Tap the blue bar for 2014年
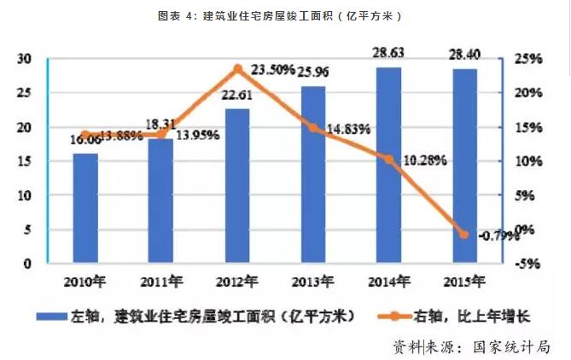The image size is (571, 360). coord(388,166)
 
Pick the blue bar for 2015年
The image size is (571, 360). coord(464,167)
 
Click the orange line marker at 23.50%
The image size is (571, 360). coord(237,69)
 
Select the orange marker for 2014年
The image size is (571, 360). coord(388,160)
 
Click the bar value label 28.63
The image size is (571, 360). coord(388,53)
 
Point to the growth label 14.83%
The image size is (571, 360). coord(347,129)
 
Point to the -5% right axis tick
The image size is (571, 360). coord(528,264)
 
